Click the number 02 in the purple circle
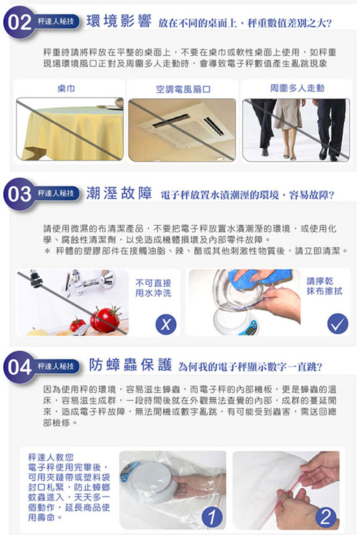point(20,22)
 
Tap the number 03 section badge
point(20,194)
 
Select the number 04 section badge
point(20,367)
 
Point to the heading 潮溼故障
point(119,194)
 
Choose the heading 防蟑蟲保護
point(130,365)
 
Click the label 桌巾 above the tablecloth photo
point(66,89)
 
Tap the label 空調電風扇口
point(183,89)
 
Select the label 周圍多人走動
point(297,88)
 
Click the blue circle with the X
point(166,324)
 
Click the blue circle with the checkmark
point(338,324)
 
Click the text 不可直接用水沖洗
point(153,288)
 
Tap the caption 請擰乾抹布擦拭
point(324,286)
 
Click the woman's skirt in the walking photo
point(288,114)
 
